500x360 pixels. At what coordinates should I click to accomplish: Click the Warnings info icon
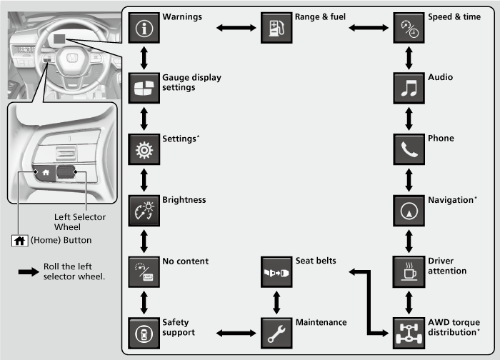click(x=145, y=28)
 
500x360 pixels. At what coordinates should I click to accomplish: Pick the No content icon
click(x=145, y=273)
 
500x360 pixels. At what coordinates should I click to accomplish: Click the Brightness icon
click(x=145, y=211)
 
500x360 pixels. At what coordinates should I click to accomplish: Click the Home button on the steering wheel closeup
click(x=45, y=171)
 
